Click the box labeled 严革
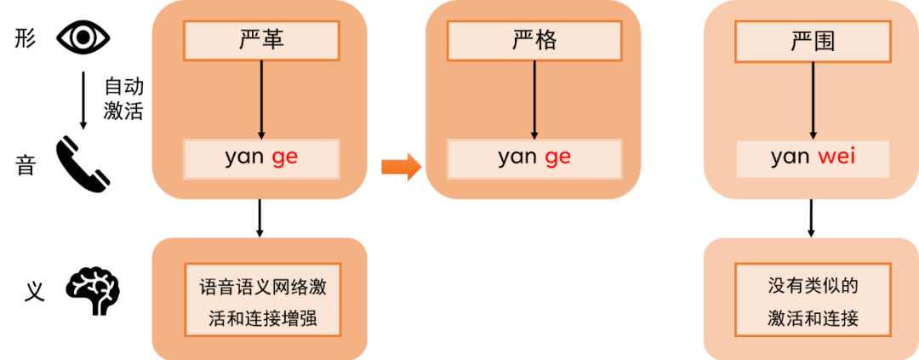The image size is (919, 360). pyautogui.click(x=261, y=40)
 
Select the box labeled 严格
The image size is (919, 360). pyautogui.click(x=534, y=40)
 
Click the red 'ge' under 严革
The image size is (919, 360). pyautogui.click(x=284, y=157)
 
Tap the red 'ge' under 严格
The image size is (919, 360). pyautogui.click(x=557, y=157)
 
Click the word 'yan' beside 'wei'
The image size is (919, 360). pyautogui.click(x=790, y=157)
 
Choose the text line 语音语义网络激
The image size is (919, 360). pyautogui.click(x=262, y=287)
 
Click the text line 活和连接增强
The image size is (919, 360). pyautogui.click(x=262, y=320)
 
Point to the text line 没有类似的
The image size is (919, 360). pyautogui.click(x=813, y=287)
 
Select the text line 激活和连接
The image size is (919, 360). pyautogui.click(x=813, y=320)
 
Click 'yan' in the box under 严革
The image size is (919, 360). pyautogui.click(x=244, y=157)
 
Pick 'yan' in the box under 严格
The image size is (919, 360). pyautogui.click(x=517, y=157)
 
